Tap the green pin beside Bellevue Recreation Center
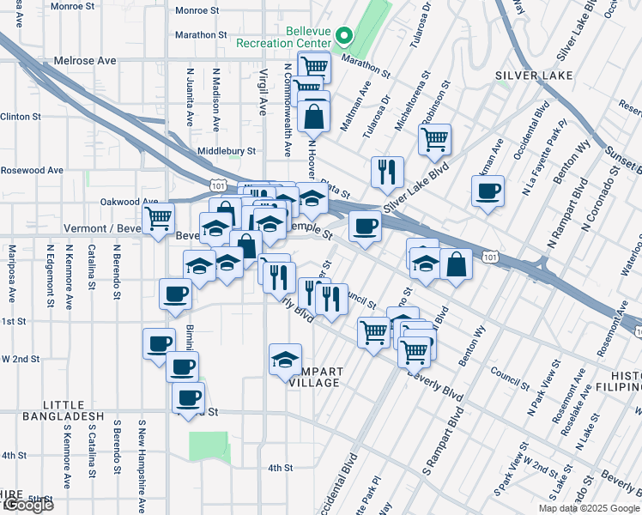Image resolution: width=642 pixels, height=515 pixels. [344, 36]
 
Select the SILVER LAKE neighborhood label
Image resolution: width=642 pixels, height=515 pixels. [527, 76]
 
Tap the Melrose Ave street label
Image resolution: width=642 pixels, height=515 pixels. [84, 62]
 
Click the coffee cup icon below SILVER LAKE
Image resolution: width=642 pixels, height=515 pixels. [488, 191]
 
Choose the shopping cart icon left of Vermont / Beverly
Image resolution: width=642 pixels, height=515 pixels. [158, 219]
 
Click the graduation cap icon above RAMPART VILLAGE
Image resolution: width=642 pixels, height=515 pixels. [285, 359]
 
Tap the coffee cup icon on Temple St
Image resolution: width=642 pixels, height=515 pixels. [365, 227]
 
